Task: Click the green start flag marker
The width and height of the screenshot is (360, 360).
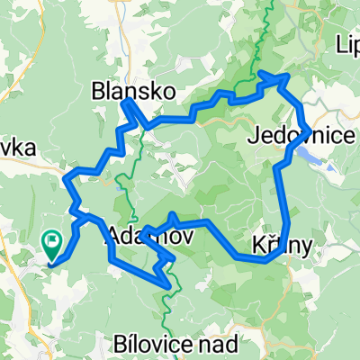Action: pyautogui.click(x=51, y=241)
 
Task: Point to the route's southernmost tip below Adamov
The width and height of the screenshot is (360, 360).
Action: pyautogui.click(x=168, y=285)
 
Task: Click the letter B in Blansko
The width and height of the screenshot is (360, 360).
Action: pyautogui.click(x=98, y=90)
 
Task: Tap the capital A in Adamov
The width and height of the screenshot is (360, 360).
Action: pyautogui.click(x=112, y=238)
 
